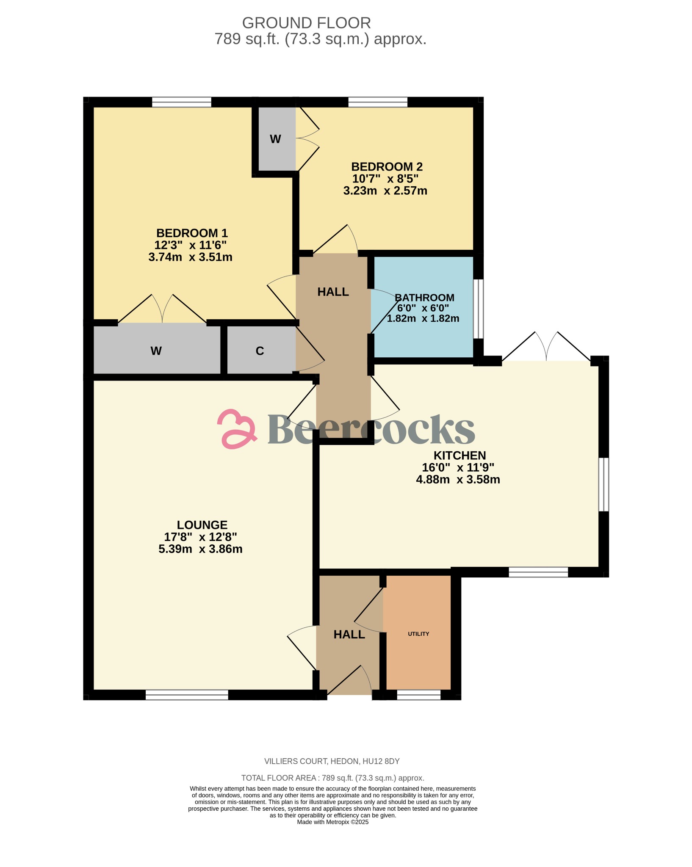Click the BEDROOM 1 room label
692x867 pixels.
[192, 233]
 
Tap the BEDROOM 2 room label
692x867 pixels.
[387, 166]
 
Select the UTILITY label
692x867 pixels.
[418, 634]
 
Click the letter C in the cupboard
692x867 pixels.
[260, 351]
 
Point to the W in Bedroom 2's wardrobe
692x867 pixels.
[275, 139]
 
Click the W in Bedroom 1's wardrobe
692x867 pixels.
[156, 351]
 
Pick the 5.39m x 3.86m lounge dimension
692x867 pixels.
[200, 549]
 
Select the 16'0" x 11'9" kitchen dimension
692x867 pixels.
[458, 467]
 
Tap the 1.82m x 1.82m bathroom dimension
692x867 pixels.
[423, 318]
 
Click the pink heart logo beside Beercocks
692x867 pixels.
[237, 429]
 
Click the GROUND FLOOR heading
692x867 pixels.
[306, 23]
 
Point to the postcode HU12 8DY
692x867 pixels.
[381, 761]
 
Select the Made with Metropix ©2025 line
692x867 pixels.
[332, 822]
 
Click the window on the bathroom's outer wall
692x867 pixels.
[478, 309]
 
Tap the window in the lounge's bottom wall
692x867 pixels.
[187, 694]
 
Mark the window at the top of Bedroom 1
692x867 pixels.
[181, 102]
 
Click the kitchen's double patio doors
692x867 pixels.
[546, 347]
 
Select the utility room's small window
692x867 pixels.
[418, 695]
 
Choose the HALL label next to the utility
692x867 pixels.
[349, 634]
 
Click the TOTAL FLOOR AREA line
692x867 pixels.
[332, 778]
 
